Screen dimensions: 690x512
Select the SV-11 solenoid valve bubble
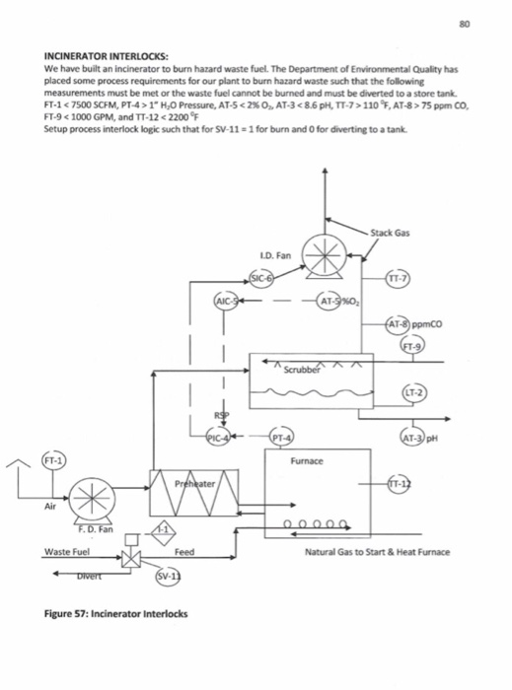164,575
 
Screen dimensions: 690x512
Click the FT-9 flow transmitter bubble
409,347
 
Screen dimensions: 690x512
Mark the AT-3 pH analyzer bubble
412,439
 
